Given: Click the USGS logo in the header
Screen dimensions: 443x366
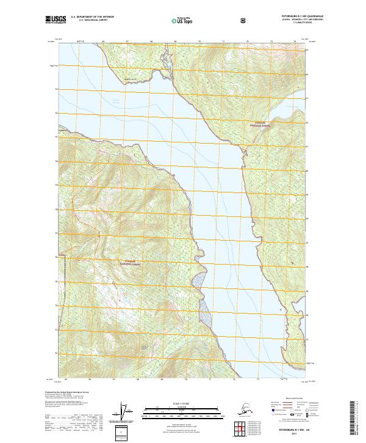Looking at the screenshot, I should tap(56, 21).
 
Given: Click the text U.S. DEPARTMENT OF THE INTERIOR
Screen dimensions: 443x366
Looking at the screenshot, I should tap(93, 17).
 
